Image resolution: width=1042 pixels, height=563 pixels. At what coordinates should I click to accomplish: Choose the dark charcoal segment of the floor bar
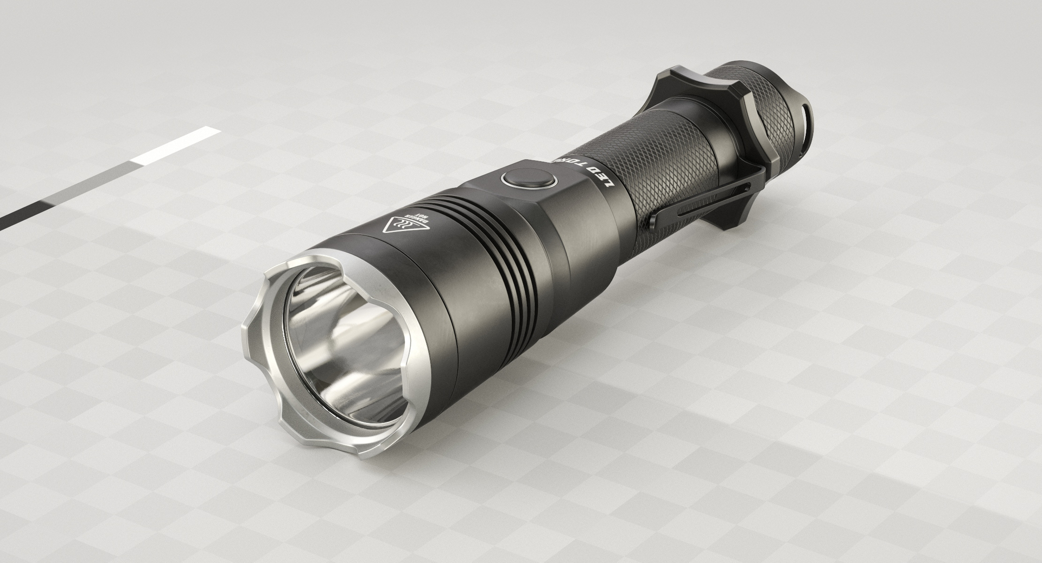click(22, 214)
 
